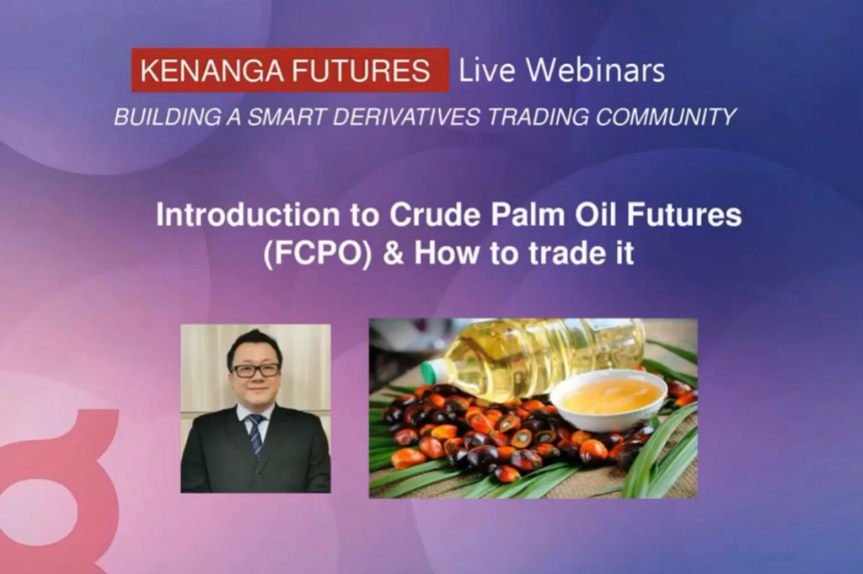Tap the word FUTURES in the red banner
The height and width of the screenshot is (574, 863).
[x=361, y=71]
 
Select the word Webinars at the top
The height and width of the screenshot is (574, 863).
[x=595, y=70]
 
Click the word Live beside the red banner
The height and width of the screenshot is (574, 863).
[x=487, y=70]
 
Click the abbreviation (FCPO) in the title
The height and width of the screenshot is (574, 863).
[x=318, y=254]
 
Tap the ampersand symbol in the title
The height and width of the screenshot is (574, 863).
[x=393, y=254]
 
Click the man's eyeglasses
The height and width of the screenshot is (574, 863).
[x=256, y=370]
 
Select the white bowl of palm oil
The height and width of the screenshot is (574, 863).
[x=608, y=400]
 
